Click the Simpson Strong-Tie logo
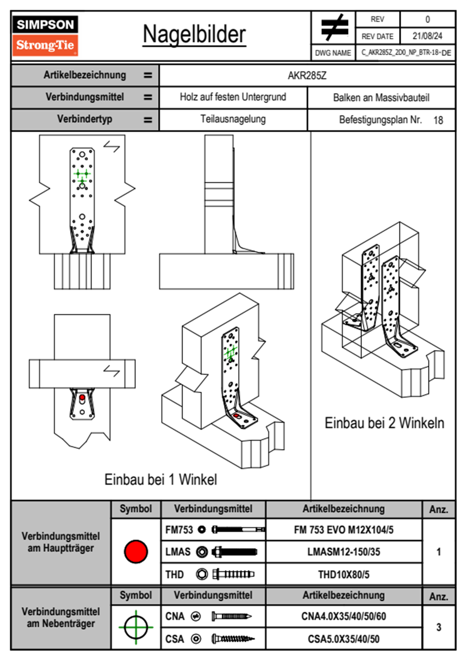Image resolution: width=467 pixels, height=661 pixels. point(45,36)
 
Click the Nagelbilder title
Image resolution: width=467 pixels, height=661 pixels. point(194,35)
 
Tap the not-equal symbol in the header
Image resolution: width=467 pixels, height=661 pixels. point(334,28)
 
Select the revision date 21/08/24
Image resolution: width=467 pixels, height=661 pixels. point(427,36)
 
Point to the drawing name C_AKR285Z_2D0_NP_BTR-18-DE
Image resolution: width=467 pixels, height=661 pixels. point(406,53)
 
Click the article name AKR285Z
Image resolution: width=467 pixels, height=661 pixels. point(307,75)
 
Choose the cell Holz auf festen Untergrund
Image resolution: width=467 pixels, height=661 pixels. point(233,97)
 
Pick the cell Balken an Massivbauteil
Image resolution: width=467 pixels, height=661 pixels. point(381,97)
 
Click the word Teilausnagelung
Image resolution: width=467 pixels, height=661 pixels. point(233,119)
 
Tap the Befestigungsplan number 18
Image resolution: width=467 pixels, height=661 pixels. point(438,120)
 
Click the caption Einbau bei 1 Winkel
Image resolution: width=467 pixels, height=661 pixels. point(161,479)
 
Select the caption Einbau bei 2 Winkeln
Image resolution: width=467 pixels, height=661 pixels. point(384,423)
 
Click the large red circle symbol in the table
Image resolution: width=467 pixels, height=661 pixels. point(136,551)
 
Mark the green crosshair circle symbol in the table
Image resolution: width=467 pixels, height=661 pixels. point(136,627)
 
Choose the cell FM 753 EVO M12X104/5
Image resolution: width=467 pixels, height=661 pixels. point(343,530)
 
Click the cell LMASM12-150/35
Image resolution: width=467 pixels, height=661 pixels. point(343,552)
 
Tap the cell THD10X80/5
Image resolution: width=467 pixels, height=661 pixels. point(343,575)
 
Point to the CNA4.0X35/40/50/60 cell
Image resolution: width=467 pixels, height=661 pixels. point(343,616)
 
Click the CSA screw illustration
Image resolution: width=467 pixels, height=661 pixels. point(233,639)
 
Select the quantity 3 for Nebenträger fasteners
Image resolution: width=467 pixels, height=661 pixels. point(438,627)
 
